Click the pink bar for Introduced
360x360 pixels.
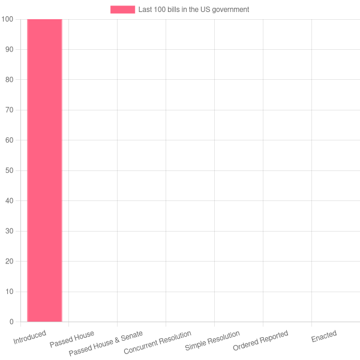click(x=44, y=170)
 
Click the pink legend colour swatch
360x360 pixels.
click(x=122, y=10)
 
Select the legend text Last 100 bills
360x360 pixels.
click(x=193, y=10)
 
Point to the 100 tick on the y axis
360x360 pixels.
click(x=7, y=19)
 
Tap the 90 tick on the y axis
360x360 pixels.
click(x=9, y=49)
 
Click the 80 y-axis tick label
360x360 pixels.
click(x=9, y=80)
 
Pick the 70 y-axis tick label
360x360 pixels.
click(x=9, y=110)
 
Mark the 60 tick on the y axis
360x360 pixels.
click(x=9, y=140)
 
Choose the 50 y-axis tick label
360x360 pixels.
click(x=9, y=170)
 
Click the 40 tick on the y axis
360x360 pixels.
click(x=9, y=201)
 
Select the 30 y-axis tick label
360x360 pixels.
click(x=9, y=231)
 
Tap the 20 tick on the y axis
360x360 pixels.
click(x=9, y=262)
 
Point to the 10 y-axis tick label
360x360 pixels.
click(x=9, y=292)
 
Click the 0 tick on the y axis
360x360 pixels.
click(x=11, y=322)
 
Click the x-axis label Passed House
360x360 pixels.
click(x=72, y=339)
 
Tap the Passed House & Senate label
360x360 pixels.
click(x=106, y=343)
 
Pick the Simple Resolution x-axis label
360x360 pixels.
click(x=212, y=341)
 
